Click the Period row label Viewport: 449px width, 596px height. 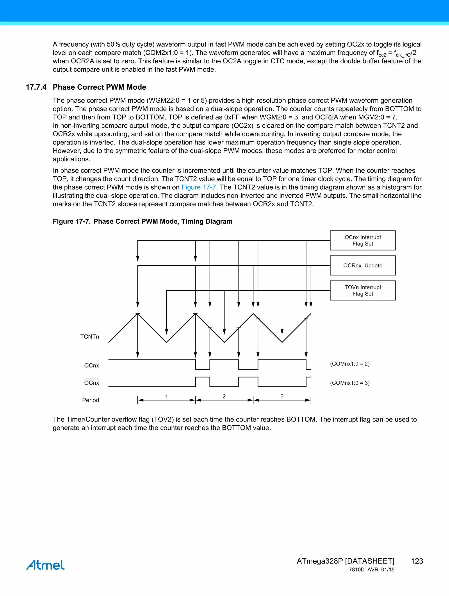tap(90, 400)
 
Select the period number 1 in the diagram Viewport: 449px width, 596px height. tap(167, 396)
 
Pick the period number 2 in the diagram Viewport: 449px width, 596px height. tap(224, 396)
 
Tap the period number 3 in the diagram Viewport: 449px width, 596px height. tap(282, 396)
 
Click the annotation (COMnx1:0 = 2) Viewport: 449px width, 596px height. tap(350, 364)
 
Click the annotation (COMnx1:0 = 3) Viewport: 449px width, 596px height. tap(350, 383)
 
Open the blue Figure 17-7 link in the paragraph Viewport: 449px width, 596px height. tap(199, 187)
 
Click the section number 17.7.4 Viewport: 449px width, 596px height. tap(36, 87)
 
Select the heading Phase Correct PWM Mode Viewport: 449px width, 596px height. tap(100, 87)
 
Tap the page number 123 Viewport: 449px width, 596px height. tap(417, 561)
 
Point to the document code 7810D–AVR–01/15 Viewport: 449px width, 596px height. tap(371, 570)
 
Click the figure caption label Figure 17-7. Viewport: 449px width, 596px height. tap(72, 221)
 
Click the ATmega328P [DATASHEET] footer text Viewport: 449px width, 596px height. tap(345, 561)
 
